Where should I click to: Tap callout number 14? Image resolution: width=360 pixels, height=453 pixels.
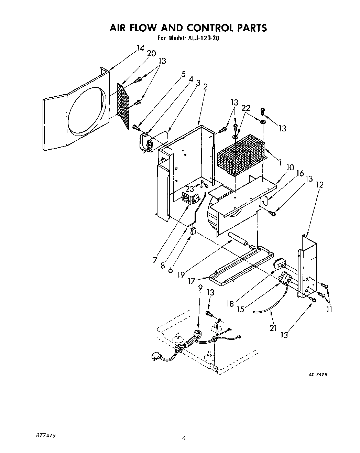pos(140,48)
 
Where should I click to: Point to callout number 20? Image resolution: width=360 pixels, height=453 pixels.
pos(151,53)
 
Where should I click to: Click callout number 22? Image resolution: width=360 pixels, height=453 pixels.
pos(246,108)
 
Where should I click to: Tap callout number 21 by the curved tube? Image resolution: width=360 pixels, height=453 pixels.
pos(273,328)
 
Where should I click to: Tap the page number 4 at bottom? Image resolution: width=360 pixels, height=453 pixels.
pos(184,438)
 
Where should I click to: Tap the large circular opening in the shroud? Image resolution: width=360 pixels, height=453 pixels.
pos(86,113)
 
